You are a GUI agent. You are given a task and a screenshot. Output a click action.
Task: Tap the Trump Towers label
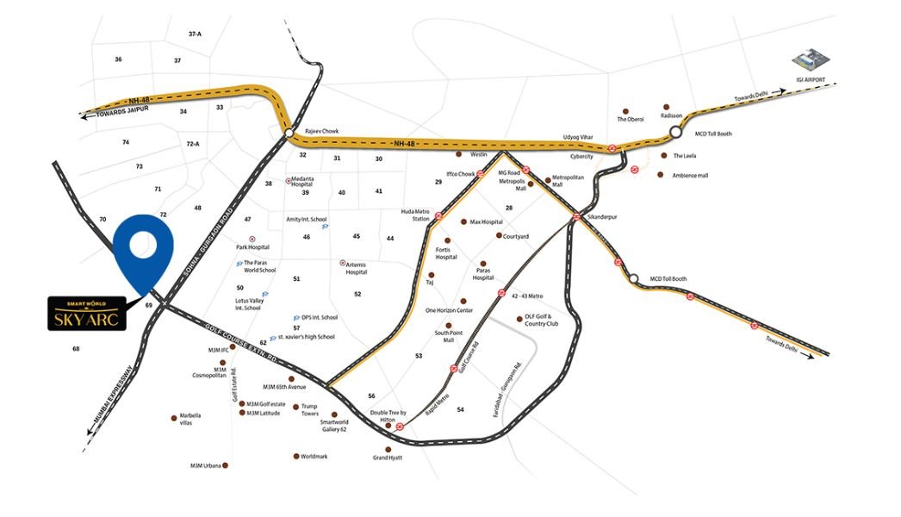tap(310, 409)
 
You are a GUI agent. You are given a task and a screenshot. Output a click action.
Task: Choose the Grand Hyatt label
tap(388, 458)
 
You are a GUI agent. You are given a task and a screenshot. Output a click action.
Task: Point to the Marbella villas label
tap(191, 420)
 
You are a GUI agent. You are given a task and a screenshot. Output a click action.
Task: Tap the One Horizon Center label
tap(449, 310)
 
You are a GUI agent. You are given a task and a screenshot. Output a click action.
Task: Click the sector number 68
tap(76, 349)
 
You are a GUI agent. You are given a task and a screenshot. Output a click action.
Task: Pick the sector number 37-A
tap(195, 34)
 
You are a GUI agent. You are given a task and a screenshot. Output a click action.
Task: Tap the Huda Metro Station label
tap(415, 215)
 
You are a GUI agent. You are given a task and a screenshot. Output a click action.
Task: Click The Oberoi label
tap(631, 119)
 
